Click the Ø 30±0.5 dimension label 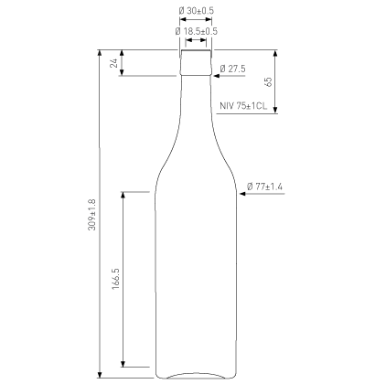197,11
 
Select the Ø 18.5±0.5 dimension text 197,31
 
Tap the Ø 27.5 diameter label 232,69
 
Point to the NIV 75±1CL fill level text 243,106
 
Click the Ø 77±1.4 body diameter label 264,187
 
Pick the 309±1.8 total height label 91,215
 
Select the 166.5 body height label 116,279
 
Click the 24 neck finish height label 114,63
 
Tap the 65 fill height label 268,81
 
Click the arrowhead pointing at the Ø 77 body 242,194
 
